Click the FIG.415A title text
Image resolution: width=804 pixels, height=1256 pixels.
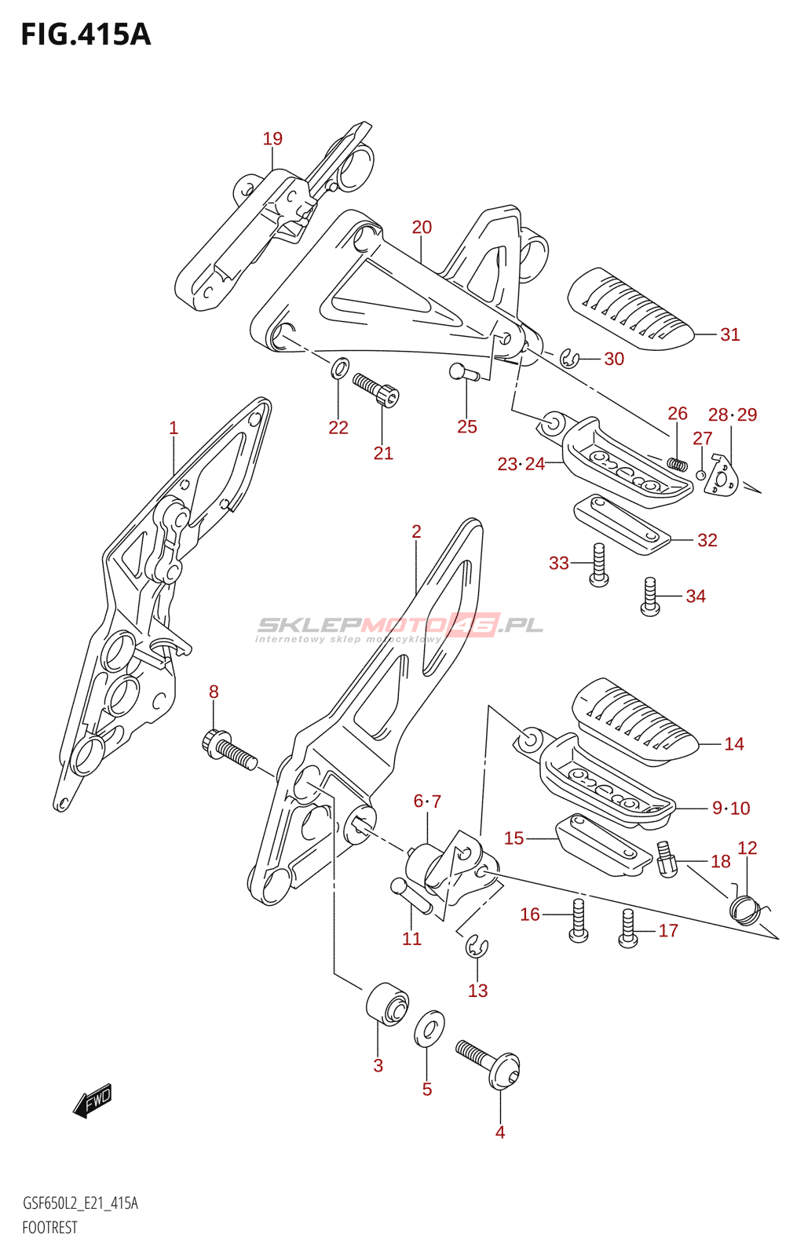coord(86,35)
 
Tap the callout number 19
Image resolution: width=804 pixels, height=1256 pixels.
coord(272,139)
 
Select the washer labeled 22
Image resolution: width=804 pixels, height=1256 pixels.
coord(339,367)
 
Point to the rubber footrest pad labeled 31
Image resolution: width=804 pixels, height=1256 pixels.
coord(630,309)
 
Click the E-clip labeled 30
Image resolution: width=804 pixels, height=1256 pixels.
coord(571,360)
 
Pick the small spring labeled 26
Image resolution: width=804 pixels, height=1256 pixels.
coord(677,464)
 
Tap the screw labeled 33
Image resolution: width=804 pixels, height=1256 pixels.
coord(598,565)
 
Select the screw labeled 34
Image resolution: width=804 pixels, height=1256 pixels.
coord(650,597)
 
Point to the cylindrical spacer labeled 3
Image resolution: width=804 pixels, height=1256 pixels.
coord(388,1002)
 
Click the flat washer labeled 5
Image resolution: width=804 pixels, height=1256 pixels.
coord(429,1028)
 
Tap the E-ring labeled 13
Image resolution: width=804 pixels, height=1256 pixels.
coord(477,947)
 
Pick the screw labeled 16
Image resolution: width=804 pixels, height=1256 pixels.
coord(578,920)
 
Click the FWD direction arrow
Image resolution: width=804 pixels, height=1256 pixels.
coord(93,1101)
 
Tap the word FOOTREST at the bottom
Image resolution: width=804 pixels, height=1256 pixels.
coord(49,1228)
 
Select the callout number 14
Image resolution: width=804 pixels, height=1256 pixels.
coord(733,744)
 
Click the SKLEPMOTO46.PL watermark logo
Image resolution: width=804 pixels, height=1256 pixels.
coord(400,626)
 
